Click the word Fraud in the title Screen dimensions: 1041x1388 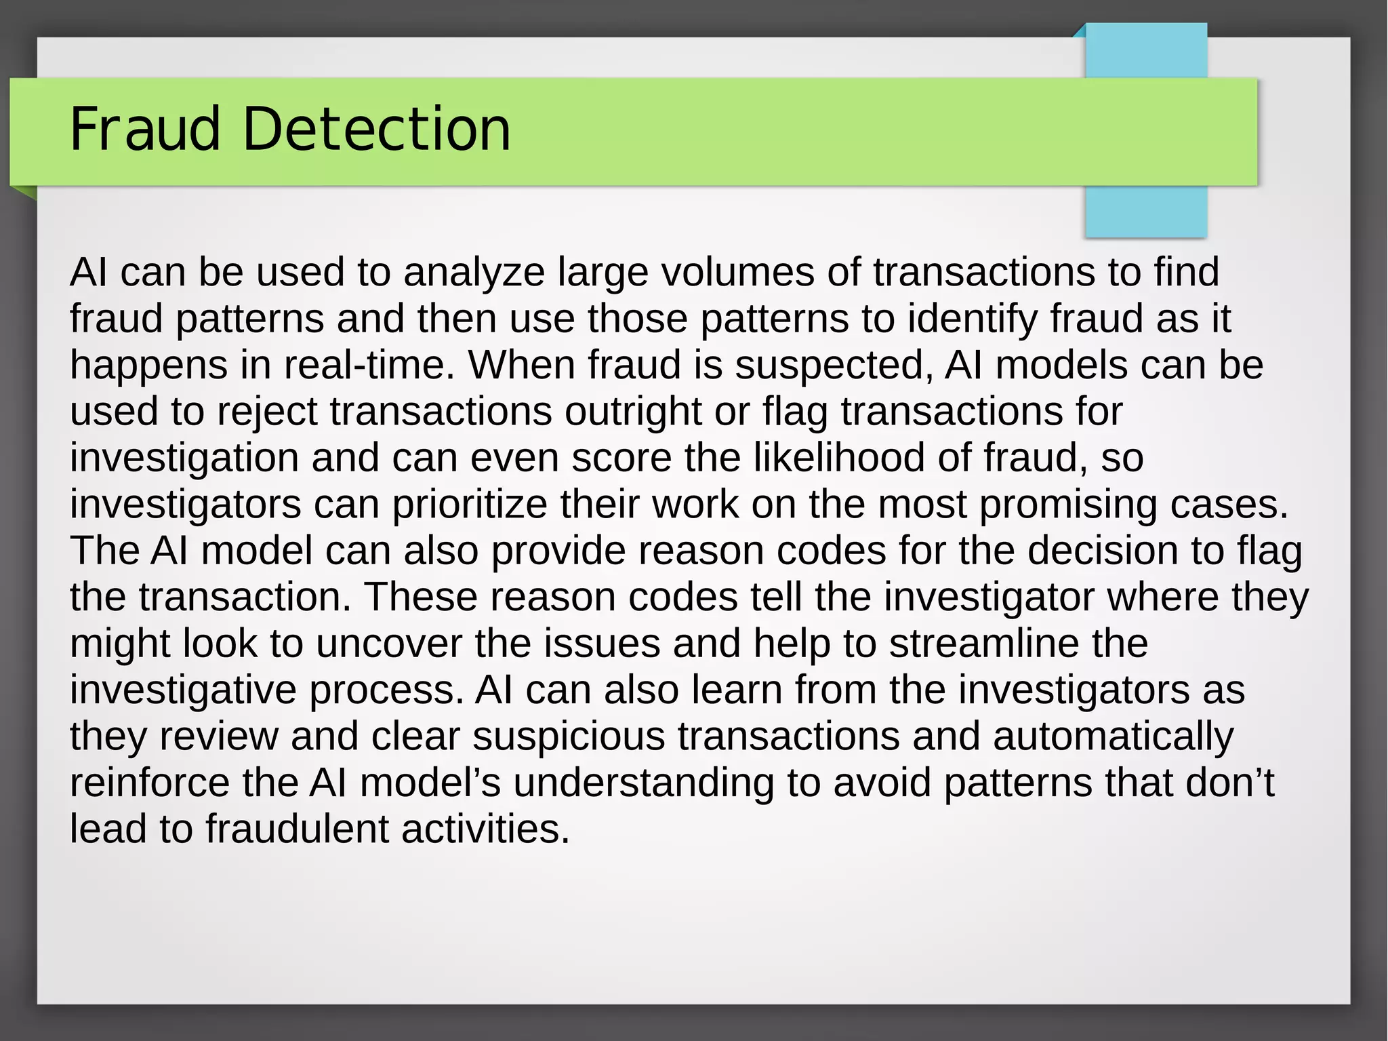point(145,129)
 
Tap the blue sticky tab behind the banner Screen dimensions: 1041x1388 point(1145,210)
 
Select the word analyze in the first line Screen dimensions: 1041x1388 point(474,273)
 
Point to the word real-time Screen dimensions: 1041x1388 point(369,366)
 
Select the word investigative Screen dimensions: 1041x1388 point(183,690)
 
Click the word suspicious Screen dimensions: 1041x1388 point(569,737)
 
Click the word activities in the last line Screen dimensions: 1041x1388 point(485,830)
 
